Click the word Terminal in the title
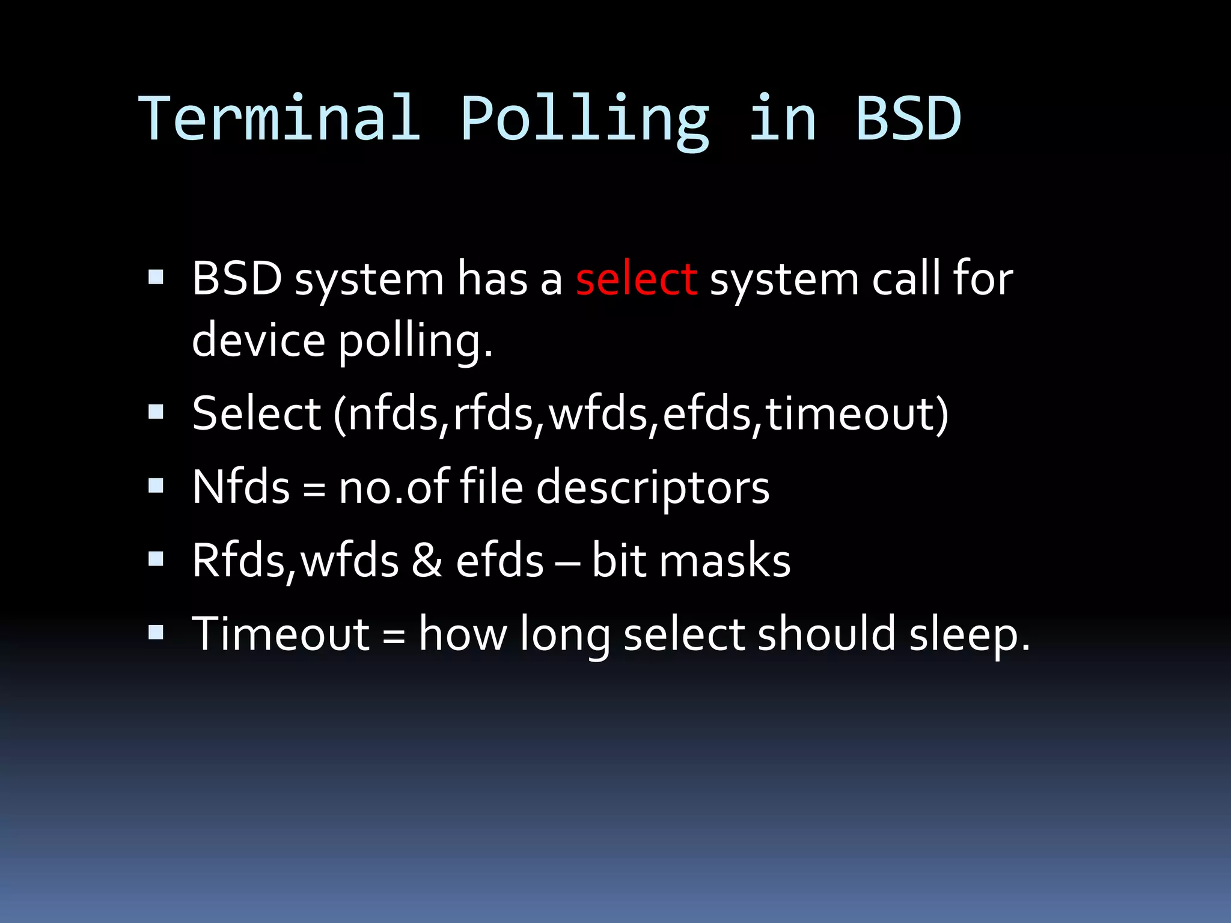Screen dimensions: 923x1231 [x=279, y=118]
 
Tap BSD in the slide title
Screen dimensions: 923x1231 [x=908, y=118]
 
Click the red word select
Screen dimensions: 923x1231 [x=637, y=279]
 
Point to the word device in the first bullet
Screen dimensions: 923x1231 [x=258, y=340]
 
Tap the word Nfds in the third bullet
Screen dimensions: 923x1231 [x=241, y=487]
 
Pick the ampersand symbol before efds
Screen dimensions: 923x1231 [x=427, y=561]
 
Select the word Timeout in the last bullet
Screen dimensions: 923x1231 [x=281, y=634]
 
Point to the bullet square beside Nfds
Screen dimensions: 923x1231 [x=156, y=486]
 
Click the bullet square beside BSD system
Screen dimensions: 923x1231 [x=156, y=277]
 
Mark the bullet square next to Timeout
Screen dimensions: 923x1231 [x=156, y=632]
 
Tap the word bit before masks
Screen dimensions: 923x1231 [x=619, y=561]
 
